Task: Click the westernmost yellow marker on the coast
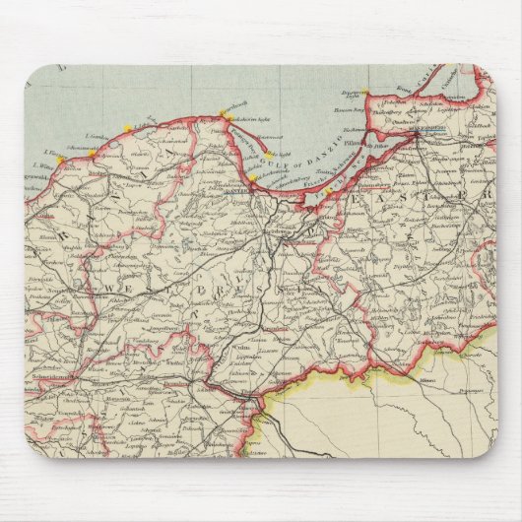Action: point(60,158)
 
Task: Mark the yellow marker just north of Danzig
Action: point(254,178)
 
